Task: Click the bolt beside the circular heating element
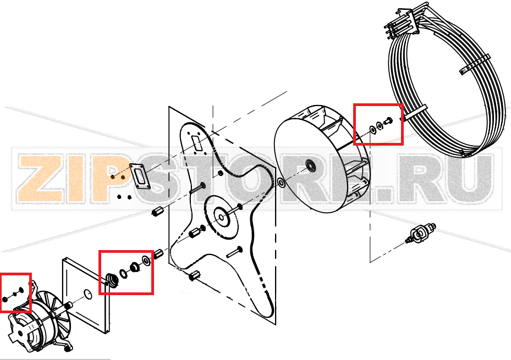pos(388,121)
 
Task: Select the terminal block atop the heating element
pos(403,22)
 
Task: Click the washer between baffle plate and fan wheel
pos(281,182)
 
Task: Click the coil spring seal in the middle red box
pos(112,280)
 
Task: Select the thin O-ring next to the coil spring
pos(124,274)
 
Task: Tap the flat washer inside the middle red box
pos(146,261)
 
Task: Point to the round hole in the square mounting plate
pos(87,293)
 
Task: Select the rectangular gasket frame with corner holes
pos(140,176)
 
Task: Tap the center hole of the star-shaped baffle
pos(222,218)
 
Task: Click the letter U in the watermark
pos(469,178)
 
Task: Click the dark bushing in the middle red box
pos(135,267)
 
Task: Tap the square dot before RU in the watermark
pos(384,195)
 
